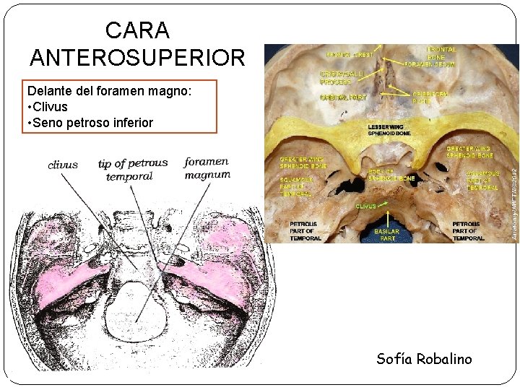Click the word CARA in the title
click(137, 30)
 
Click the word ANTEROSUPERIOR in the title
click(137, 57)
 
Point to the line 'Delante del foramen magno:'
click(109, 92)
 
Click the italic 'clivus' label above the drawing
click(63, 165)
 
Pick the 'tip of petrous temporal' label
click(132, 169)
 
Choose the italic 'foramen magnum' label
click(207, 168)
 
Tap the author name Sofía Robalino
click(424, 359)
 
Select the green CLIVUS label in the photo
click(366, 206)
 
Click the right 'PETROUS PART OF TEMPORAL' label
click(467, 231)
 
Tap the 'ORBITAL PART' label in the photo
click(344, 97)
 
